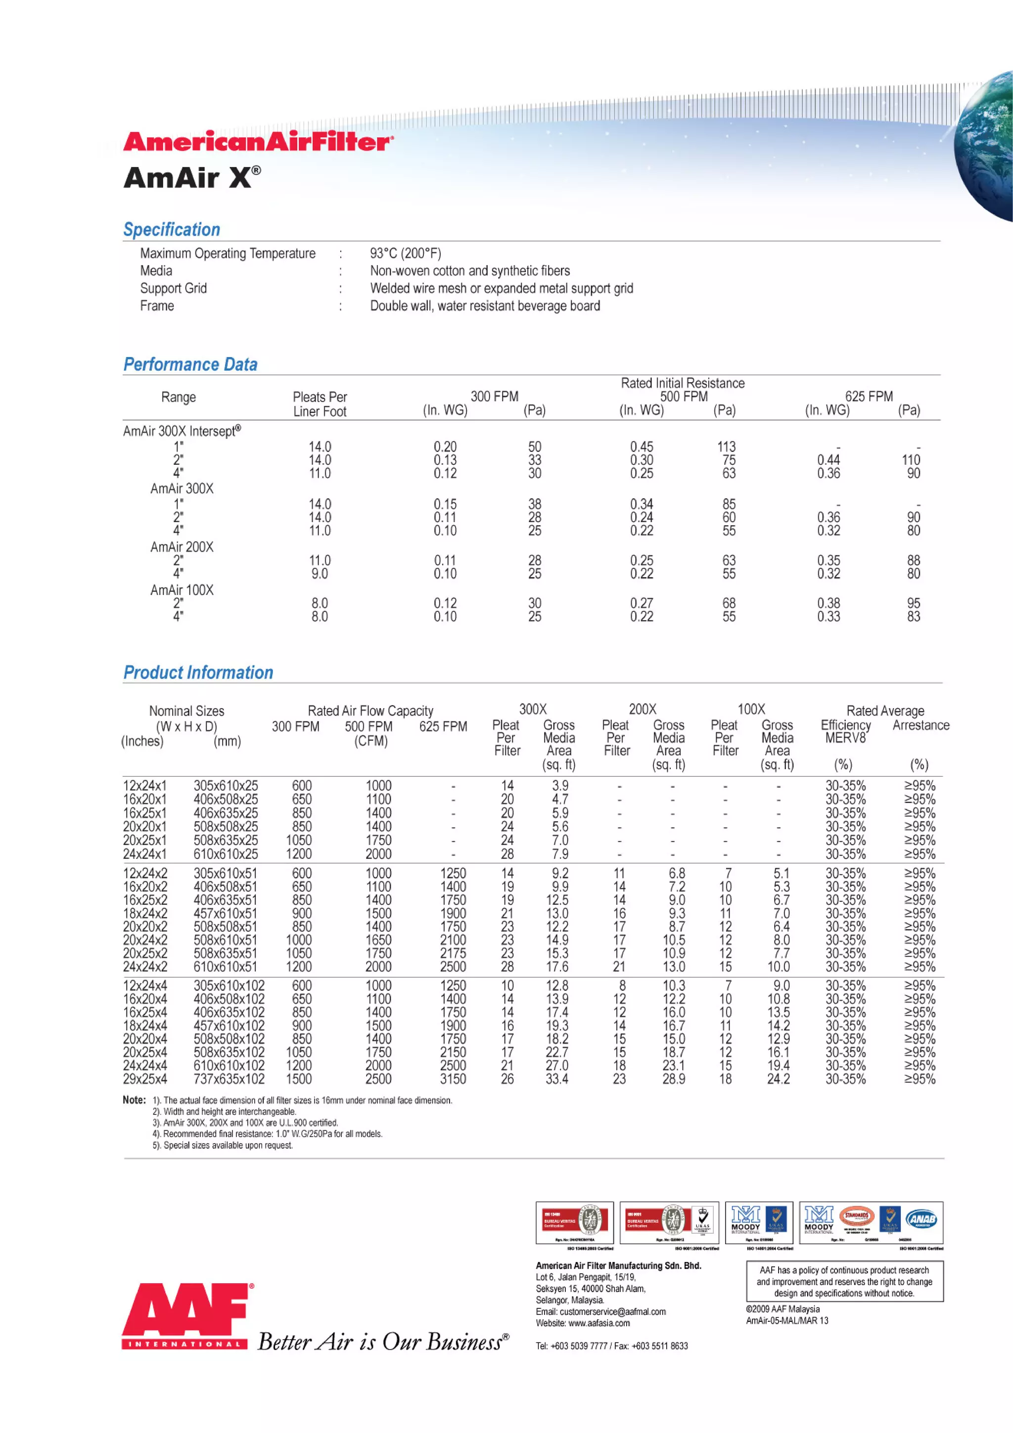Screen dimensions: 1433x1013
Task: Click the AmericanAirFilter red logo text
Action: point(258,142)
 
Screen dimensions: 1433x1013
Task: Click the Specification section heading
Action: point(172,229)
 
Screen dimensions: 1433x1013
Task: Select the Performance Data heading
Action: point(190,364)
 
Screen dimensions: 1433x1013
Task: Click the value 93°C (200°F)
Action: point(405,253)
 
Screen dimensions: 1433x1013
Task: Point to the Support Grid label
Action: point(174,288)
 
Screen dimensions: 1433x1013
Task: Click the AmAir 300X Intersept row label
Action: point(182,431)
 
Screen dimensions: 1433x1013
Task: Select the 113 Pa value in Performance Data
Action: point(726,447)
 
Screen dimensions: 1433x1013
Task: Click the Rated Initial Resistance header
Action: point(682,383)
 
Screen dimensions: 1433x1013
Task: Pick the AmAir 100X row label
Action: point(182,590)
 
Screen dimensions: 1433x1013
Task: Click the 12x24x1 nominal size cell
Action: point(145,786)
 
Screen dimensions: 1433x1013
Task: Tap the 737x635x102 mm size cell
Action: point(229,1079)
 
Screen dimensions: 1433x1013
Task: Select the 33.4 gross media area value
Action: point(557,1079)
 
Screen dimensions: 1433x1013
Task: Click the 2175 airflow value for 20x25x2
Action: point(453,953)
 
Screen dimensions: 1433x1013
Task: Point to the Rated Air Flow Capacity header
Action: point(370,711)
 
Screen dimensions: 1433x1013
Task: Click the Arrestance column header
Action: point(921,725)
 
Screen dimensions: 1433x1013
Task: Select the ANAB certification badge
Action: point(922,1219)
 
